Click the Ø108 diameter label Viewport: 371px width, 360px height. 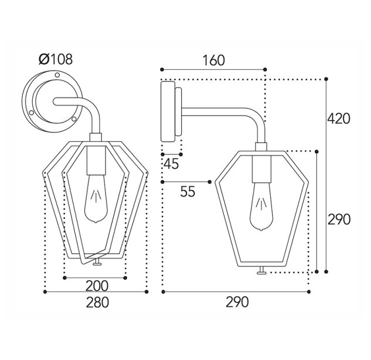click(x=56, y=59)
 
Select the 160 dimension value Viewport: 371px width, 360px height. click(x=214, y=60)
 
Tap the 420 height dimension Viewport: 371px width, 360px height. click(x=339, y=119)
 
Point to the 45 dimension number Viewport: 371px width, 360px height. click(x=171, y=164)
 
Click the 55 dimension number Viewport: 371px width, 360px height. click(x=188, y=192)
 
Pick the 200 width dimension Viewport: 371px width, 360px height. click(x=97, y=286)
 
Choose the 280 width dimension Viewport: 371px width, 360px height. click(x=97, y=303)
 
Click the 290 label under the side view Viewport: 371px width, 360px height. click(x=237, y=302)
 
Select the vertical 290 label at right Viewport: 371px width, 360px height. click(x=339, y=219)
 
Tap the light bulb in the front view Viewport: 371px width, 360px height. click(x=96, y=199)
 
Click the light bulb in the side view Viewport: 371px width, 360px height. click(x=261, y=206)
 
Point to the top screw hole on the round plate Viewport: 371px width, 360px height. click(x=57, y=75)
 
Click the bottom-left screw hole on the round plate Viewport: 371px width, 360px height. click(x=31, y=113)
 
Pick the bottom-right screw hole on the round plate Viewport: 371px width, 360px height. click(x=74, y=118)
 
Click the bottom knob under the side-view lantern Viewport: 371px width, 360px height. click(x=261, y=270)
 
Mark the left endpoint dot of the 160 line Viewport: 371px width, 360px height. click(x=162, y=69)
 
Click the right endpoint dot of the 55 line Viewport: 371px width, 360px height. click(x=209, y=182)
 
